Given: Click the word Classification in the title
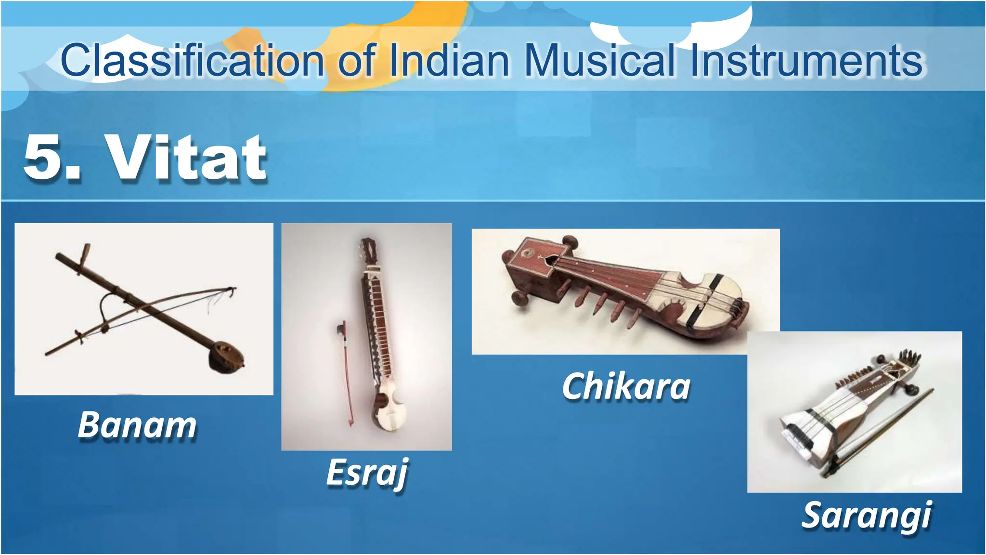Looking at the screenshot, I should (193, 61).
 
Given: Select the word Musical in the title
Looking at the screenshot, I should (599, 61).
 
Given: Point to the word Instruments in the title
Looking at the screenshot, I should (806, 61).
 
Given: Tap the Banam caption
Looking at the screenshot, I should (137, 425).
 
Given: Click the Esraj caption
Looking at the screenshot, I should (367, 473).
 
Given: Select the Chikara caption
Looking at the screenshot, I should (626, 386).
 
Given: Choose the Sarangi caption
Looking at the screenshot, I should (867, 515).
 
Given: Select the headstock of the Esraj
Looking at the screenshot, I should (370, 251).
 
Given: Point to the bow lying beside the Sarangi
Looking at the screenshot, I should (881, 434).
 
